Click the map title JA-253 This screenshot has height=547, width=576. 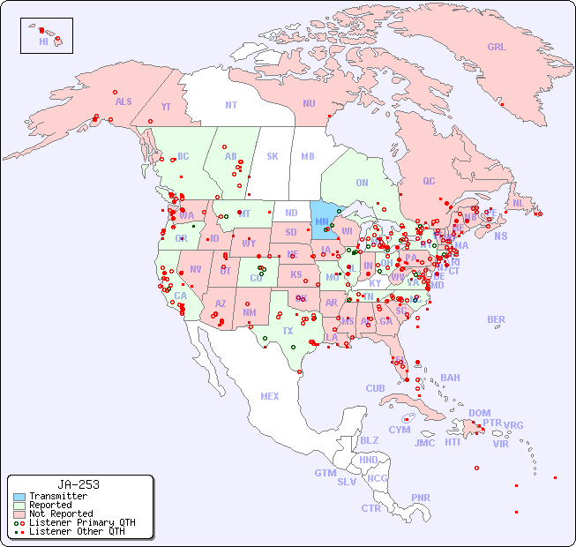pyautogui.click(x=79, y=484)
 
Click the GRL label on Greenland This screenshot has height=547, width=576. pyautogui.click(x=497, y=48)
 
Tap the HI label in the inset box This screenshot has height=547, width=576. pyautogui.click(x=43, y=41)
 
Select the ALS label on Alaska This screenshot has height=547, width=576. pyautogui.click(x=123, y=101)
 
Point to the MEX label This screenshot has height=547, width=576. pyautogui.click(x=270, y=396)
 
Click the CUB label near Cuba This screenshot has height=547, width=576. pyautogui.click(x=375, y=388)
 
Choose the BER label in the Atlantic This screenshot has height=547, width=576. pyautogui.click(x=497, y=319)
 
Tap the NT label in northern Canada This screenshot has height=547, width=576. pyautogui.click(x=231, y=104)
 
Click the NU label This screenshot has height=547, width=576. pyautogui.click(x=309, y=103)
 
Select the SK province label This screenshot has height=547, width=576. pyautogui.click(x=273, y=156)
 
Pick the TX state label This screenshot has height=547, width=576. pyautogui.click(x=288, y=331)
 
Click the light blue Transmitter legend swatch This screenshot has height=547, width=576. pyautogui.click(x=19, y=497)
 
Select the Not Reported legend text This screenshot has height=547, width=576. pyautogui.click(x=61, y=513)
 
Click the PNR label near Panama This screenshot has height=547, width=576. pyautogui.click(x=421, y=498)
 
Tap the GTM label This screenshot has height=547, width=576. pyautogui.click(x=325, y=473)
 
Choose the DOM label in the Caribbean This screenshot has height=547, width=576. pyautogui.click(x=479, y=413)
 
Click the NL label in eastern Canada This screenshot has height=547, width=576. pyautogui.click(x=519, y=203)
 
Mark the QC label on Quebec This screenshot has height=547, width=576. pyautogui.click(x=429, y=181)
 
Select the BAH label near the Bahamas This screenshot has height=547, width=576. pyautogui.click(x=450, y=378)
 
